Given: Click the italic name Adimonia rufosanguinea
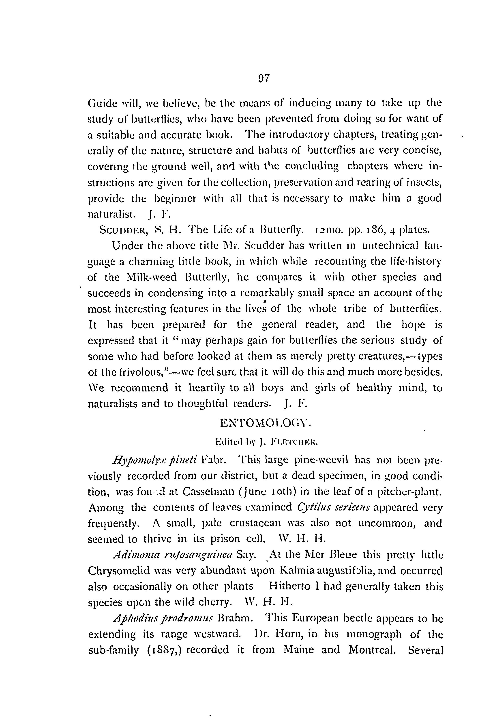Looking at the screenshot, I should click(172, 555).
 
